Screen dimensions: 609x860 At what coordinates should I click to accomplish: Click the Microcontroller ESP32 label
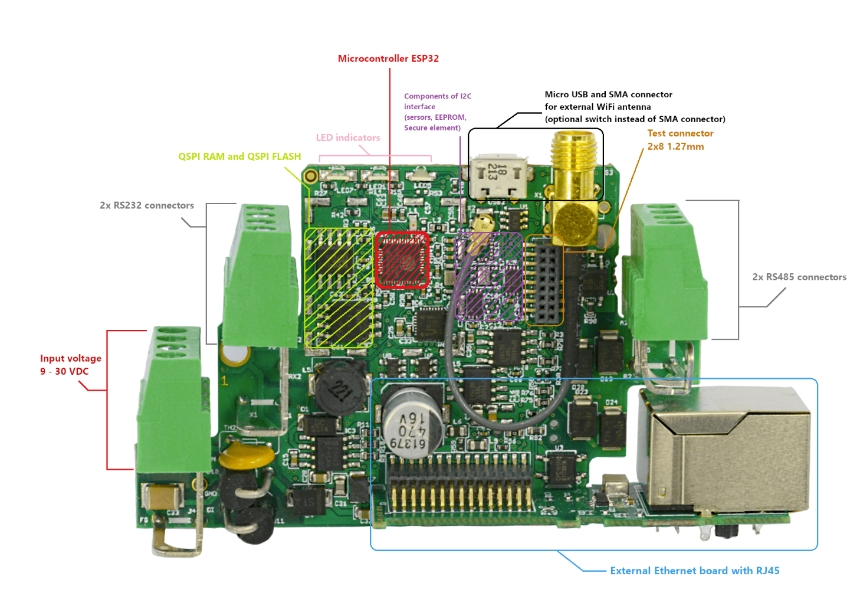tap(388, 58)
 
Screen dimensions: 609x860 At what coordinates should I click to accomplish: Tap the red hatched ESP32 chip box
tap(402, 260)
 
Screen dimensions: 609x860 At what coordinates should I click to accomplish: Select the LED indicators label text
tap(347, 137)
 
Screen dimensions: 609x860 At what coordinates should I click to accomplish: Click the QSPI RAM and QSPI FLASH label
tap(239, 156)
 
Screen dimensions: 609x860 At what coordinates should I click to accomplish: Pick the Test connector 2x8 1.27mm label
tap(680, 140)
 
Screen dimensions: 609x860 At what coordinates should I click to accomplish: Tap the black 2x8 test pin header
tap(544, 280)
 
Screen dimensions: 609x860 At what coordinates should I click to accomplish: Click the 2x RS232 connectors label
tap(147, 205)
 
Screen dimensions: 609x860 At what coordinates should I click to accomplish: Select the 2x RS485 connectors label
tap(799, 277)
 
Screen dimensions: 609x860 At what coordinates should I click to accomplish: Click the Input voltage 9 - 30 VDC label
tap(70, 365)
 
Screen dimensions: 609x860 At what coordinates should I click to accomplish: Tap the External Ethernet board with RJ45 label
tap(694, 571)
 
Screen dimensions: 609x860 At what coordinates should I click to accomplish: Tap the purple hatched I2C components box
tap(489, 276)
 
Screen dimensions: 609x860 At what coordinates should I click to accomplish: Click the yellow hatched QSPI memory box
tap(339, 287)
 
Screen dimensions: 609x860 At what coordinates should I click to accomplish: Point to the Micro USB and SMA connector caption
tap(634, 107)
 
